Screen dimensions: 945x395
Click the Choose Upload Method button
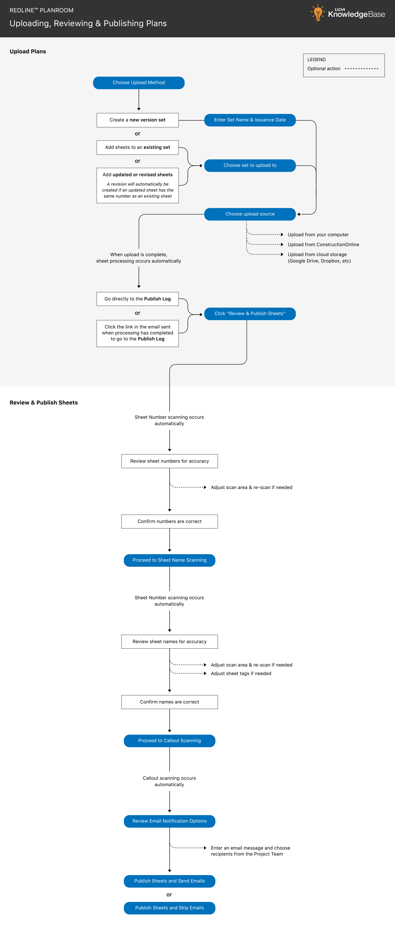[138, 83]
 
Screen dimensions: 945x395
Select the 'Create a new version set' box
[137, 120]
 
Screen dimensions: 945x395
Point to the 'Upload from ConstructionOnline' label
[323, 245]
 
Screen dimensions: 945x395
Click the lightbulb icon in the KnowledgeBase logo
[318, 13]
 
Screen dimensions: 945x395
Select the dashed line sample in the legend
[361, 69]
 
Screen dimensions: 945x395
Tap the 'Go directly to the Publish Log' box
[137, 299]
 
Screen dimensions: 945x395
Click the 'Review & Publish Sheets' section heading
[44, 402]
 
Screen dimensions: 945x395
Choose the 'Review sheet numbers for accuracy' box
[169, 461]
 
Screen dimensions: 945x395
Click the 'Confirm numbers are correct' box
[169, 521]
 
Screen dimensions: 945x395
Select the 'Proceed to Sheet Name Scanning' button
[169, 560]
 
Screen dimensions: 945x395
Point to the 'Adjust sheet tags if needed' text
[241, 674]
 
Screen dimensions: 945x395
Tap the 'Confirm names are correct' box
[169, 702]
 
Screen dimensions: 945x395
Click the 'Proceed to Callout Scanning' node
[169, 741]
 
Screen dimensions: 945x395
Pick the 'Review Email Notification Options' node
[169, 821]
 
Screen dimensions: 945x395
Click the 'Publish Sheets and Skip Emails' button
[169, 908]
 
